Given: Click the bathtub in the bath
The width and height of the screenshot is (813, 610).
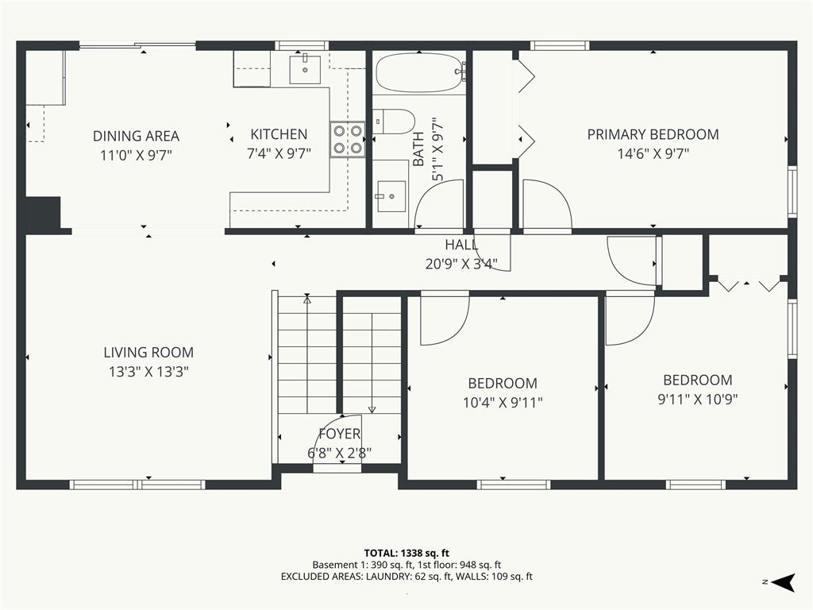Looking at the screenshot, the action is click(419, 73).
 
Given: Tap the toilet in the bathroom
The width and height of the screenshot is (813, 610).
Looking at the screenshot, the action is click(394, 122).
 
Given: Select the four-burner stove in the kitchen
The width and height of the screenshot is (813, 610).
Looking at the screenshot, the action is click(348, 140).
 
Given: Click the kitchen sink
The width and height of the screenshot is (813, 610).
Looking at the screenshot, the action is click(305, 69).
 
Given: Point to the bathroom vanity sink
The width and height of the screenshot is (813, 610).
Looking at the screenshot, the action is click(391, 196).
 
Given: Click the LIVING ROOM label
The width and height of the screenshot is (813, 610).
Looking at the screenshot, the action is click(148, 353).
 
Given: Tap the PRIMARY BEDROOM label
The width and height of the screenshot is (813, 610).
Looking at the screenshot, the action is click(653, 135).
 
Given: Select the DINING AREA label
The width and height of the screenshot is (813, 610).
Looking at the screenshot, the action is click(136, 136).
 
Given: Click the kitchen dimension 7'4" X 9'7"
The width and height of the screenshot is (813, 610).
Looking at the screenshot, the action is click(279, 153).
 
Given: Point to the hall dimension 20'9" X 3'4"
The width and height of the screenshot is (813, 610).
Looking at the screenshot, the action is click(461, 264).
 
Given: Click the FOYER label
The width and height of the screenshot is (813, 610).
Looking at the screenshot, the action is click(340, 434).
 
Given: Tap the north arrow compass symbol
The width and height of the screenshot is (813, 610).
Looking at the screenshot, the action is click(783, 582).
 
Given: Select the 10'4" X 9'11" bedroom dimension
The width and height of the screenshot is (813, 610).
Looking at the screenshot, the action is click(503, 402).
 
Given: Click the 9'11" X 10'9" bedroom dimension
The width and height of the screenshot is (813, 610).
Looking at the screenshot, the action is click(697, 399).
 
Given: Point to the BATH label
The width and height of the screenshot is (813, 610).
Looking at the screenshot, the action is click(418, 149).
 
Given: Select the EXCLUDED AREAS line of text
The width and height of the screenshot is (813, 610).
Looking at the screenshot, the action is click(406, 577).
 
